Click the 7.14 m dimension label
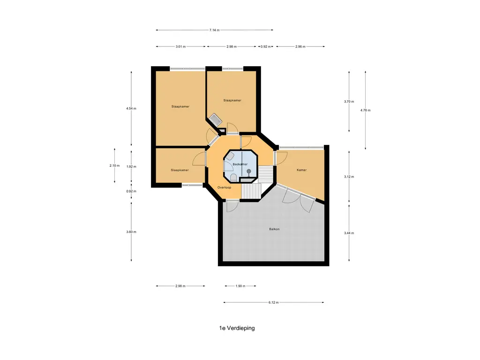(x=214, y=30)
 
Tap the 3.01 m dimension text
(x=180, y=46)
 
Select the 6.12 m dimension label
(x=273, y=302)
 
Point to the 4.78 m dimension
(x=365, y=110)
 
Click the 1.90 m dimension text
(x=240, y=286)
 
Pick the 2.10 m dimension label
(x=114, y=165)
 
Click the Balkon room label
(x=274, y=229)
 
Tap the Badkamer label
(x=240, y=164)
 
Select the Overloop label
(x=225, y=187)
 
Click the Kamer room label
(x=301, y=170)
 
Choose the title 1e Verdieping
(x=237, y=328)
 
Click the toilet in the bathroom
(x=233, y=178)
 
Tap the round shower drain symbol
(x=249, y=171)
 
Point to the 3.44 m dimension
(x=349, y=233)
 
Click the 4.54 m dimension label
(x=131, y=108)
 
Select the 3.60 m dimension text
(x=131, y=232)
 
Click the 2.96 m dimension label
(x=300, y=46)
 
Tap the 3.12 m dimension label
(x=349, y=177)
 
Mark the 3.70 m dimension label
(x=349, y=101)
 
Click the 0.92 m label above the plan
(x=266, y=46)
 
